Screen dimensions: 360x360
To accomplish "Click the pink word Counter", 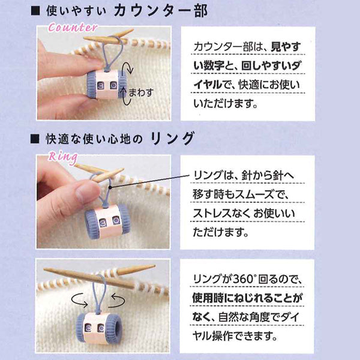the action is click(x=73, y=28).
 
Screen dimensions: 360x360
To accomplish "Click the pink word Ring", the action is click(x=62, y=158).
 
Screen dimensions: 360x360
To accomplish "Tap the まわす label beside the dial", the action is click(x=141, y=92).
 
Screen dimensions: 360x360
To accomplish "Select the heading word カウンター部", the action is click(x=161, y=11).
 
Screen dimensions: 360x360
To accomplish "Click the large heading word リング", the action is click(x=173, y=139).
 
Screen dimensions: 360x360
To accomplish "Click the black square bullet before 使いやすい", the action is click(x=35, y=11).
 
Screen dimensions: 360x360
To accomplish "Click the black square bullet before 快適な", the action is click(x=35, y=139).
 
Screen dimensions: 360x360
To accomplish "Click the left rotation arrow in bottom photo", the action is click(x=79, y=300).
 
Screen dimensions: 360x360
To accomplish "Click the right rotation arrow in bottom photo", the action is click(x=117, y=301).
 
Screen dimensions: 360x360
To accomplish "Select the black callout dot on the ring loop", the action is click(x=110, y=188).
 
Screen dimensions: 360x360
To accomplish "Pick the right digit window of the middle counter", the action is click(x=116, y=221).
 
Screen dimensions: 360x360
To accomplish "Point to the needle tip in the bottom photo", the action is click(x=154, y=266).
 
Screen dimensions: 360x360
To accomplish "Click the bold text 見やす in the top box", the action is click(x=286, y=47).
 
